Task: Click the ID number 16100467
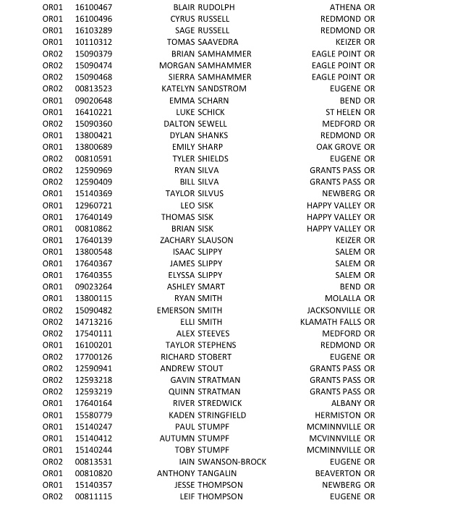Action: pos(93,7)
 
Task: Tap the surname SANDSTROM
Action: pos(222,89)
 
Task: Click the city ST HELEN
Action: pos(343,112)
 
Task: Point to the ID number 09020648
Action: pos(93,101)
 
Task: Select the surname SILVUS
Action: pos(211,194)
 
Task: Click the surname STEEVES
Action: pos(213,334)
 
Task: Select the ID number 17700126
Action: pos(93,357)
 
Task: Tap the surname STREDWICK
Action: pos(221,403)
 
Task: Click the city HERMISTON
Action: pos(337,415)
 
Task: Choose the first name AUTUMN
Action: pos(177,439)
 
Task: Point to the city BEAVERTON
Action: pos(338,473)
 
